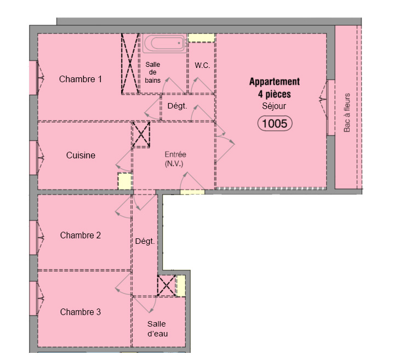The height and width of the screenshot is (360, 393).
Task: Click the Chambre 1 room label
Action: [81, 79]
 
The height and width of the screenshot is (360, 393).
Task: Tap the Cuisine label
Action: [81, 155]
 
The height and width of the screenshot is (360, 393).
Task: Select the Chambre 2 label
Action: [81, 235]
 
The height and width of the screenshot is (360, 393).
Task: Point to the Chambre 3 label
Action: [81, 312]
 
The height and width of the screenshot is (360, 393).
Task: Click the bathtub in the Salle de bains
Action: [165, 43]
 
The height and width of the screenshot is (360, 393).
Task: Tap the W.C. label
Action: [202, 66]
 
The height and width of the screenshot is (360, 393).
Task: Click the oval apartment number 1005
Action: [275, 123]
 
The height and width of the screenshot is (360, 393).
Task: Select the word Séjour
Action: [274, 106]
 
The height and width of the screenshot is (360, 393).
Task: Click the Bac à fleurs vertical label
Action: [347, 113]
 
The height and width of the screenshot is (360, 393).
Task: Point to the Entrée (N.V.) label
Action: [175, 159]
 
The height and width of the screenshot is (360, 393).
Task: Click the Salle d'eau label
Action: [157, 329]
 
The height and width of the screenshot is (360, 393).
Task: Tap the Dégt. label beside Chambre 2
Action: [145, 241]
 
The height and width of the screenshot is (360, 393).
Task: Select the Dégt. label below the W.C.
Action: [177, 106]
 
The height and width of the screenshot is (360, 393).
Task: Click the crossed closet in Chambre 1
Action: [130, 64]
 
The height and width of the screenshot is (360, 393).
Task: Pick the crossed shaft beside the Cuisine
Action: [141, 135]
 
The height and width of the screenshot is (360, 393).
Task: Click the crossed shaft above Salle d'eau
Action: [167, 285]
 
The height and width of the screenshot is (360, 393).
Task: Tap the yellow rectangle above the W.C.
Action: [202, 38]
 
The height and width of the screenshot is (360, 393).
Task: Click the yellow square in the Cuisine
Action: [125, 181]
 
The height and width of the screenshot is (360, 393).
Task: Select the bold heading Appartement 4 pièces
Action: [275, 88]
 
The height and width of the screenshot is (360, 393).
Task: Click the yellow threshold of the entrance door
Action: [192, 192]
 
